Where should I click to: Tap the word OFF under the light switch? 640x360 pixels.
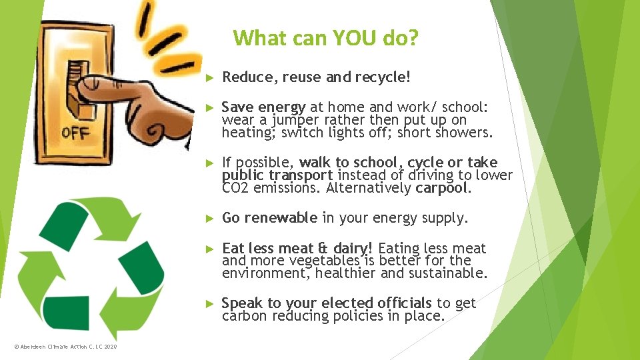75,133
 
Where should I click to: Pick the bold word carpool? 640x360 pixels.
443,188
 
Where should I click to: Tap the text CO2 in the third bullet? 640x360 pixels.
234,188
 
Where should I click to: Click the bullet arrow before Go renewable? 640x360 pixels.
208,219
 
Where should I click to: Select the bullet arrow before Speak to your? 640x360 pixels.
208,304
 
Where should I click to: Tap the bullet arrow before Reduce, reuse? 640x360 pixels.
208,78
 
